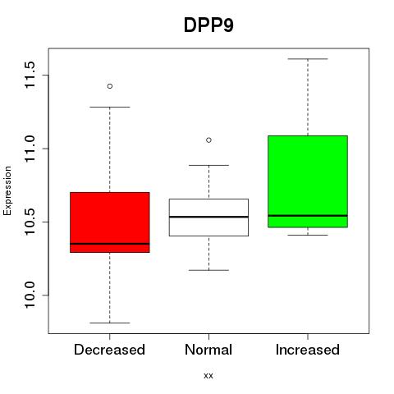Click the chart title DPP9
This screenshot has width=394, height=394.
[x=208, y=25]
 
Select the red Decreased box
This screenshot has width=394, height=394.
[x=110, y=222]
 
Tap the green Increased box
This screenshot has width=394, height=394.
[x=308, y=181]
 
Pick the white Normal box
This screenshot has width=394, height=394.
[x=208, y=218]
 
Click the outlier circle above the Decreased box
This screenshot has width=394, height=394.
[x=110, y=86]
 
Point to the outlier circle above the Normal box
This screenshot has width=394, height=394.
[x=208, y=140]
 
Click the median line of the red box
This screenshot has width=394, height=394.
[x=110, y=244]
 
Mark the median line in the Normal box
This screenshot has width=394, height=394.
[x=208, y=217]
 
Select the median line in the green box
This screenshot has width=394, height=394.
[x=308, y=216]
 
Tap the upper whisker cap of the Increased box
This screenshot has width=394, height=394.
[x=308, y=59]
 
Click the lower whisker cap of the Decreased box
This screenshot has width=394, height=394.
[x=110, y=323]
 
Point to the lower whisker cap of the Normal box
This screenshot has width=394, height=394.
[x=208, y=270]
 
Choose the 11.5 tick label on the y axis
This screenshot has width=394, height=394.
[x=30, y=75]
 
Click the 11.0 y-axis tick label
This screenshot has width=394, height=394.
[x=30, y=149]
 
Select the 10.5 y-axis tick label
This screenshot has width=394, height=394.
[x=30, y=222]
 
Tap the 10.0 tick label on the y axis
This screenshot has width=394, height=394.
[x=30, y=295]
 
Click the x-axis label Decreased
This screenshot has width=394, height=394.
[x=109, y=350]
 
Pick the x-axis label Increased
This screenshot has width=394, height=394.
[x=308, y=350]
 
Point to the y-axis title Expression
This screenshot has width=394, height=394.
[x=7, y=190]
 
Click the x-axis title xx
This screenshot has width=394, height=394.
[x=208, y=376]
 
